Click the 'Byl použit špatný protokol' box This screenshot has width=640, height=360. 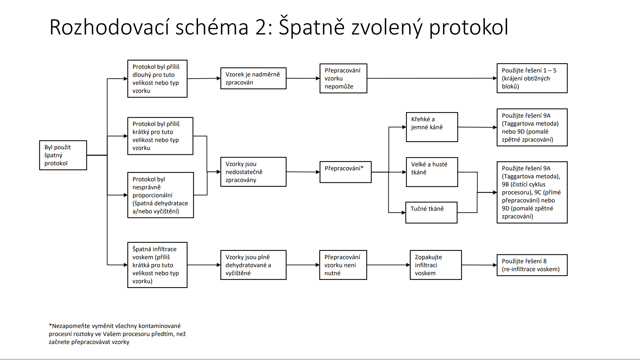click(x=63, y=155)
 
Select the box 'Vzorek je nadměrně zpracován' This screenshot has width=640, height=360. click(x=253, y=78)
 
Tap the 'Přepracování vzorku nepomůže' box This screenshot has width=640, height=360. click(x=343, y=78)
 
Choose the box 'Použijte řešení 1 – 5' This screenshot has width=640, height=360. click(x=532, y=78)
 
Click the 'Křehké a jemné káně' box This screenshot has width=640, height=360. click(x=432, y=127)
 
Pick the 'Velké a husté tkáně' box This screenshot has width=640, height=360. click(x=432, y=172)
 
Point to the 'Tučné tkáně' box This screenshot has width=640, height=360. click(x=431, y=213)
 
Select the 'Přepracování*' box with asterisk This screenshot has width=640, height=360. click(x=345, y=172)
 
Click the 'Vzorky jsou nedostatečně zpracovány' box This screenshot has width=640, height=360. click(x=253, y=172)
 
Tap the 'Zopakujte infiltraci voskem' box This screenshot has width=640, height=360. click(x=436, y=265)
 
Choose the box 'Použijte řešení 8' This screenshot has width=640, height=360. click(x=532, y=265)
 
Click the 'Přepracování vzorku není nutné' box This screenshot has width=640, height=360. click(x=343, y=265)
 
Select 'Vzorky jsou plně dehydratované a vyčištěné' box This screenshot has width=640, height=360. click(x=253, y=265)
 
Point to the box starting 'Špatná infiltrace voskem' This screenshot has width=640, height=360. click(x=157, y=265)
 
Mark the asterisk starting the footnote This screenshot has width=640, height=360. click(x=50, y=325)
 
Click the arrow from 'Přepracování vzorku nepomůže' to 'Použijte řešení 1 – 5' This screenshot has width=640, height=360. click(x=432, y=78)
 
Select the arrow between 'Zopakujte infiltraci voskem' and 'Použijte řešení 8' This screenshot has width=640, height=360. click(x=479, y=265)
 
